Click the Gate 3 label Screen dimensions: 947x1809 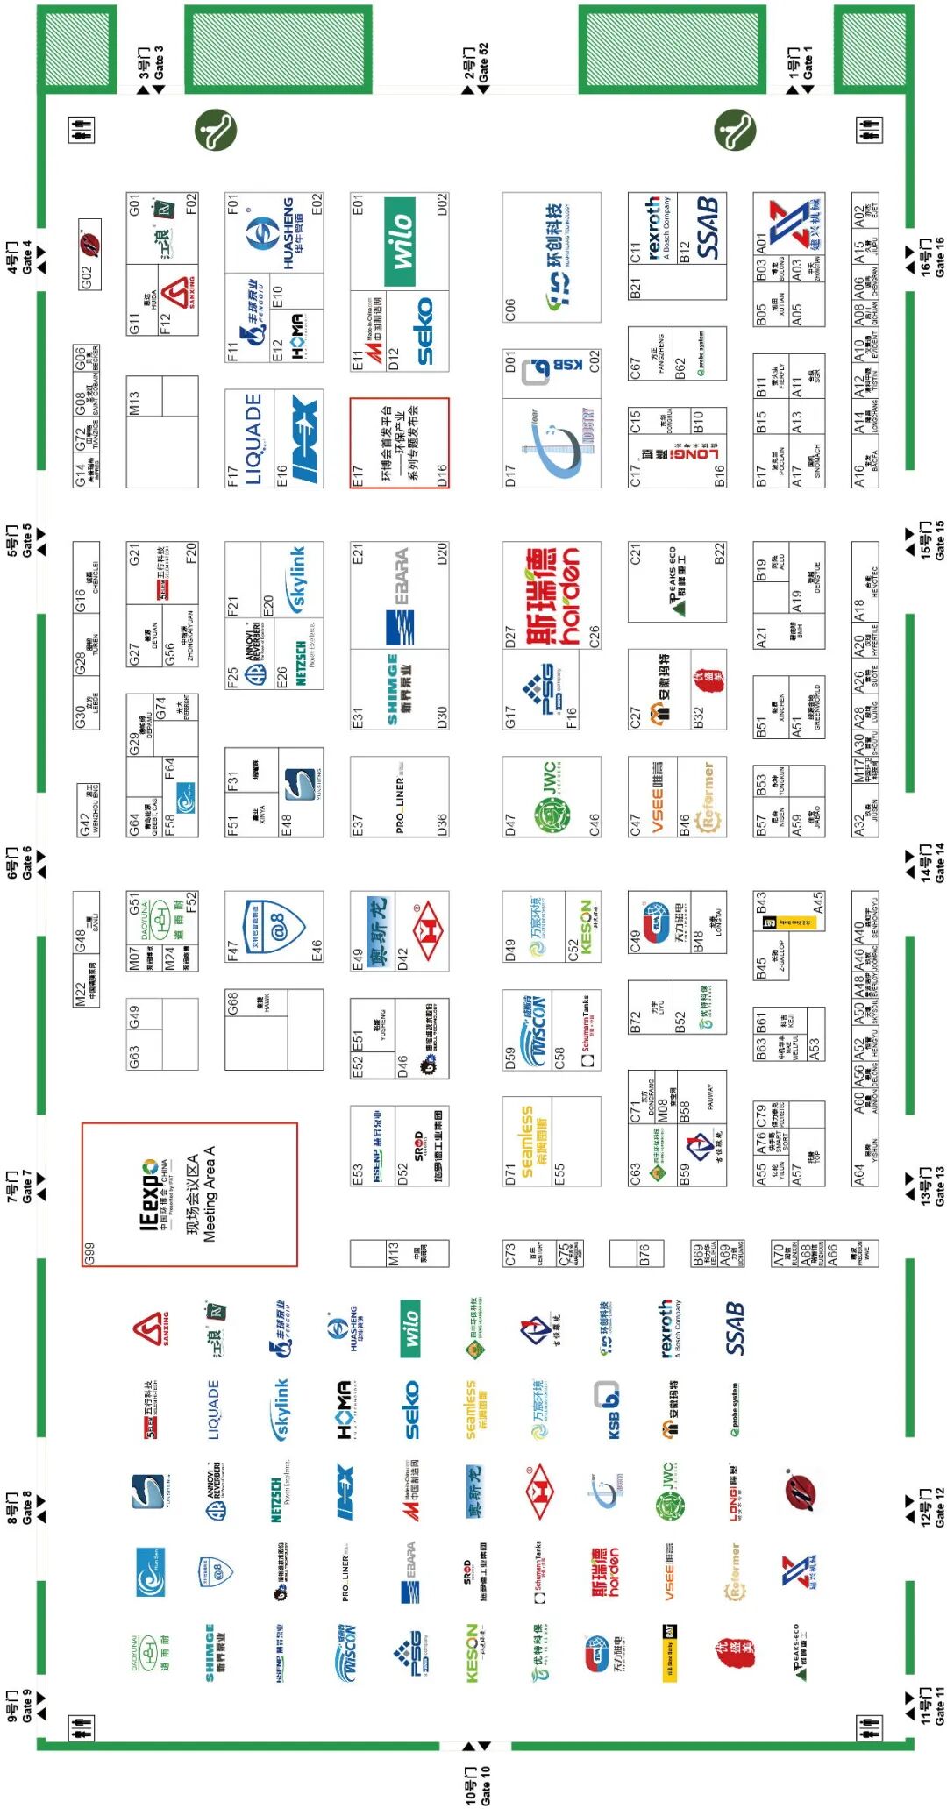[151, 63]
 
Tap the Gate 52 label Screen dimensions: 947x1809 [476, 63]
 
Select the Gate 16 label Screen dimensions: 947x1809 [932, 257]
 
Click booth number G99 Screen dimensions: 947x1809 [89, 1254]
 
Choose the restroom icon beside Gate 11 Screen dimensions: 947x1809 [867, 1727]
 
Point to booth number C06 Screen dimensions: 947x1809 [510, 310]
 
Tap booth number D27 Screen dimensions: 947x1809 [510, 637]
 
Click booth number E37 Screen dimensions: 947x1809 [358, 824]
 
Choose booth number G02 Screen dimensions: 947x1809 [85, 276]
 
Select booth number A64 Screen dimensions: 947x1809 [860, 1175]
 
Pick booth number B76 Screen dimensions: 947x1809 [644, 1254]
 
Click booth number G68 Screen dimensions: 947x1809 [233, 1003]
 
